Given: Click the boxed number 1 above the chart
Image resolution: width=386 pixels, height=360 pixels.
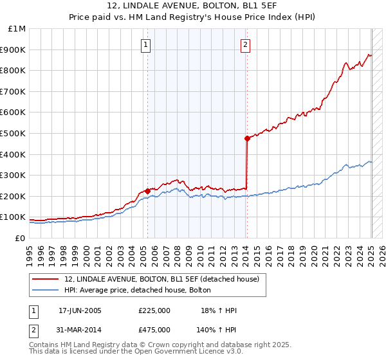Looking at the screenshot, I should point(147,45).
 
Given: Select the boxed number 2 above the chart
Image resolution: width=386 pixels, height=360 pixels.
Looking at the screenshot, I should point(246,45).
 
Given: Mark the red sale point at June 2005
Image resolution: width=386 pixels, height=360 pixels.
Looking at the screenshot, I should point(147,191).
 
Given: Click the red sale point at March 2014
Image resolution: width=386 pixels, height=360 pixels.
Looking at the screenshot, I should point(246,138).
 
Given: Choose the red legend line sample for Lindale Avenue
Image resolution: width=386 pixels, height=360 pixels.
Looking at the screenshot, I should point(46,279).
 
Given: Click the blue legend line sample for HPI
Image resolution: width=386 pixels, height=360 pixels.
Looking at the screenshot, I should point(46,291).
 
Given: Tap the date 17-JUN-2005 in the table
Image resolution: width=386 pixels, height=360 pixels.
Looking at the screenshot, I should point(80,310).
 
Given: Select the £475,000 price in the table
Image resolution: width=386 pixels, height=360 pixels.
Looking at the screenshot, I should point(154,329).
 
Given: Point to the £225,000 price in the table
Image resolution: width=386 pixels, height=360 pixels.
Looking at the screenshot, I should point(154,310).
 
